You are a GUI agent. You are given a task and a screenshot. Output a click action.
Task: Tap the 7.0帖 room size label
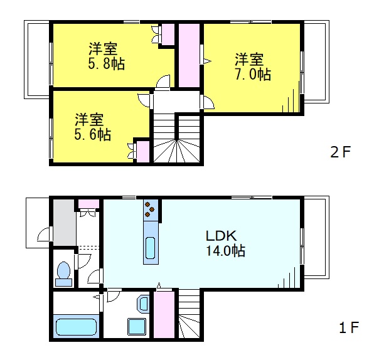254,74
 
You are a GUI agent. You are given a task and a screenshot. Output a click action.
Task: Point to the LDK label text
221,236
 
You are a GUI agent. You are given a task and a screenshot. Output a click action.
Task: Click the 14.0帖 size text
225,251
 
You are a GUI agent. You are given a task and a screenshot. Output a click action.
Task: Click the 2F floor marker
342,152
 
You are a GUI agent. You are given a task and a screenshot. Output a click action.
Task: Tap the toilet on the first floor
63,272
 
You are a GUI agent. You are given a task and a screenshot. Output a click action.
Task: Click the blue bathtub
75,327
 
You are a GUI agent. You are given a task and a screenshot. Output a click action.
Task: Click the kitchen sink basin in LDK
151,249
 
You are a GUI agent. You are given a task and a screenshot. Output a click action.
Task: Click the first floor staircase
188,316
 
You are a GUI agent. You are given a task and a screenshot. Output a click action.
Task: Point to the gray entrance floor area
63,222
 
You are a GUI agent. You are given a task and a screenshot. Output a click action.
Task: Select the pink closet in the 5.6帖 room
142,152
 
